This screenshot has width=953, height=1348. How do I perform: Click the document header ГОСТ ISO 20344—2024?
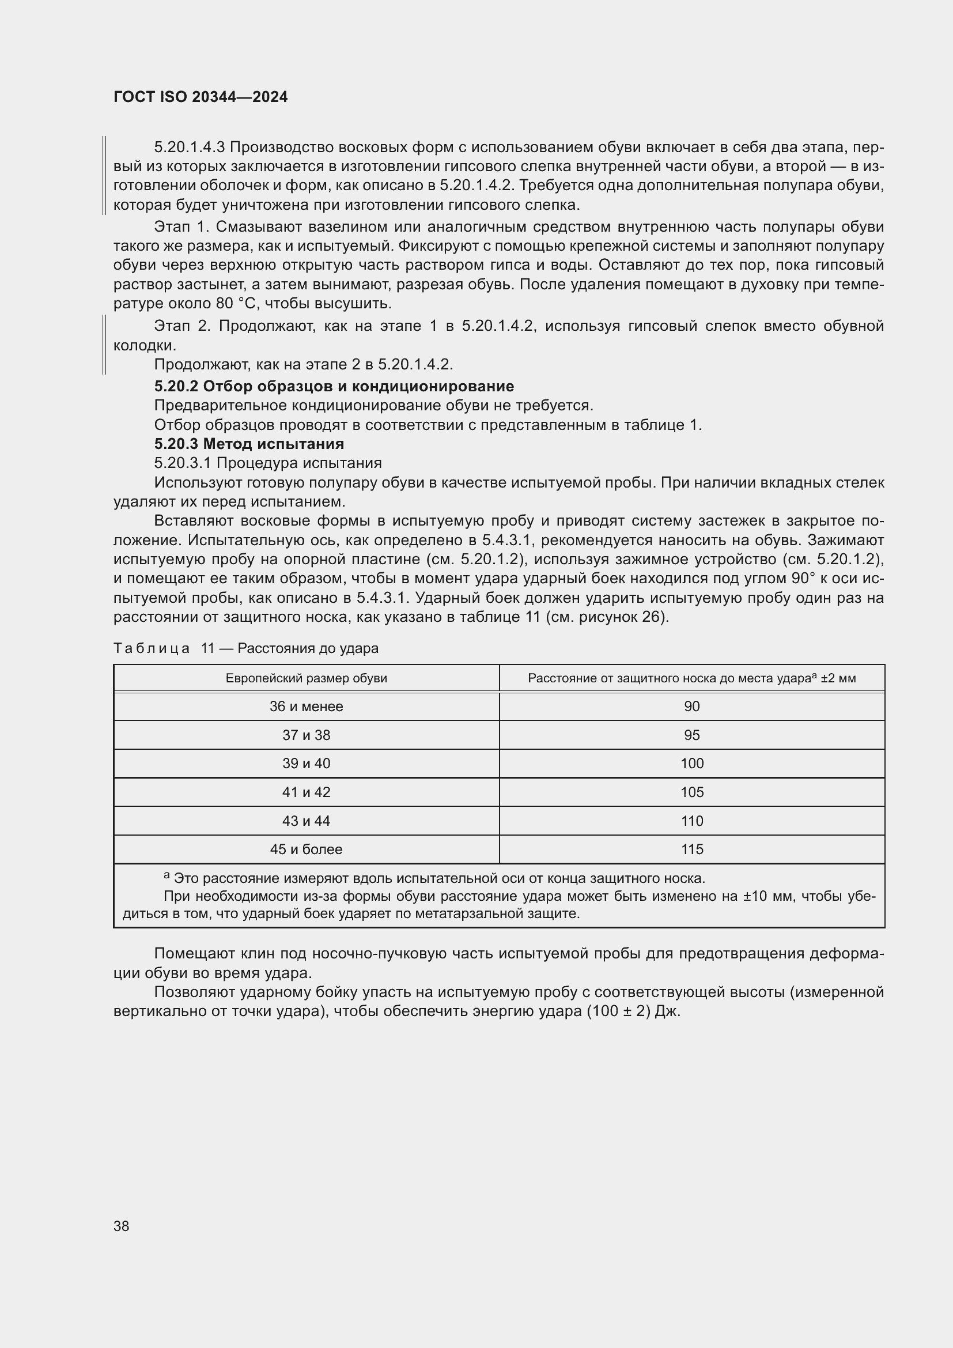tap(200, 97)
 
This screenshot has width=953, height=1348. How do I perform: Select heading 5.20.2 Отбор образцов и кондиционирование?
tap(334, 386)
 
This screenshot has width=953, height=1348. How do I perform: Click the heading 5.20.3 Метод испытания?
tap(249, 443)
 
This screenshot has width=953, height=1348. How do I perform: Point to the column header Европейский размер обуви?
tap(307, 678)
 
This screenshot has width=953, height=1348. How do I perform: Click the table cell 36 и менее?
tap(307, 707)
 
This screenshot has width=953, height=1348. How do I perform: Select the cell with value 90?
tap(692, 707)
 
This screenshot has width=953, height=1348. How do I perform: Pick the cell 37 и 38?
tap(307, 735)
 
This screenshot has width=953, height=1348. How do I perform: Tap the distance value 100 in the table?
tap(692, 763)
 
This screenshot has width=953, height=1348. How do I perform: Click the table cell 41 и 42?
tap(307, 792)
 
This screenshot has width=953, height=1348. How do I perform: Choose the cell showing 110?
tap(692, 821)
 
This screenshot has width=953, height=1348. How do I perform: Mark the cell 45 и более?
tap(307, 849)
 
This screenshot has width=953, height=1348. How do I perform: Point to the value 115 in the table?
tap(692, 849)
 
